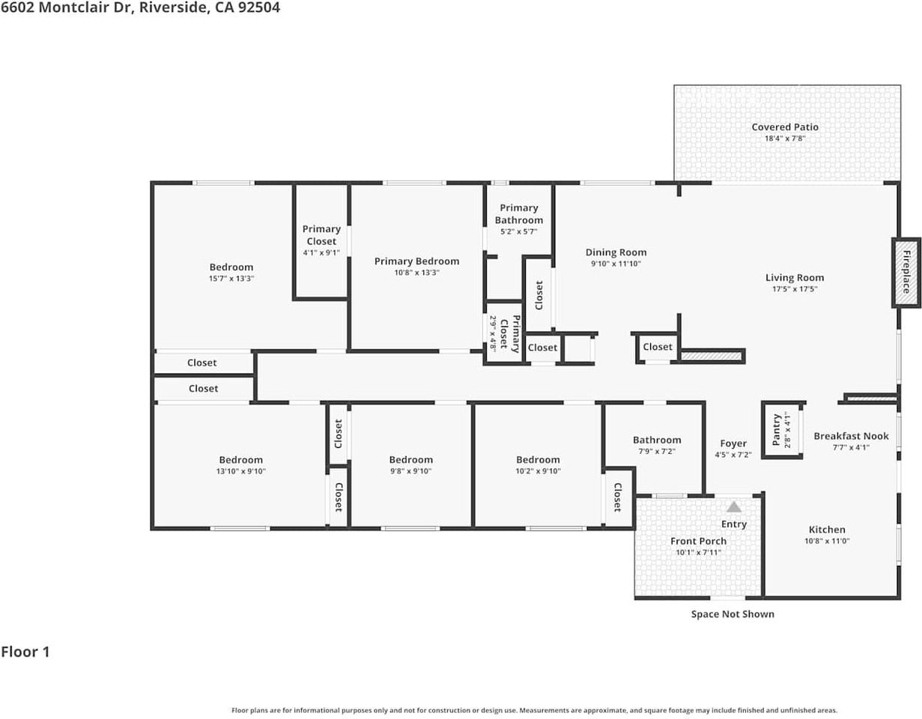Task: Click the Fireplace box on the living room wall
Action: point(906,273)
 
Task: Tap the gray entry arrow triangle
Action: point(733,507)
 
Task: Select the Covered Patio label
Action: point(785,127)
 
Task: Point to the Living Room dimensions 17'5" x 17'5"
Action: point(795,289)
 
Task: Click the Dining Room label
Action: point(616,252)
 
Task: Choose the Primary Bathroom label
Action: point(519,213)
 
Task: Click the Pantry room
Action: point(782,430)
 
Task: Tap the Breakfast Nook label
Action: point(851,436)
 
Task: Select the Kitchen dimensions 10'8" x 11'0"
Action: point(827,541)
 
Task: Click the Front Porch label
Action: point(698,541)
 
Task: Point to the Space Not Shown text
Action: point(733,614)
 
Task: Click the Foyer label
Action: point(733,443)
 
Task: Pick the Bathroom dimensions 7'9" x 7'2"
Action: point(657,452)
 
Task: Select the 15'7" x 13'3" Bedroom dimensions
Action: point(231,279)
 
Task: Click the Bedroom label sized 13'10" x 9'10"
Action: point(241,460)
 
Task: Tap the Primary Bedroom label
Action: point(416,261)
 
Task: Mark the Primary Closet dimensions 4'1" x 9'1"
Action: point(321,253)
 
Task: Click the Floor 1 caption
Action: point(25,652)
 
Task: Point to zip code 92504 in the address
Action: point(259,7)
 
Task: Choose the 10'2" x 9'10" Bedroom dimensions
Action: point(538,471)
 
